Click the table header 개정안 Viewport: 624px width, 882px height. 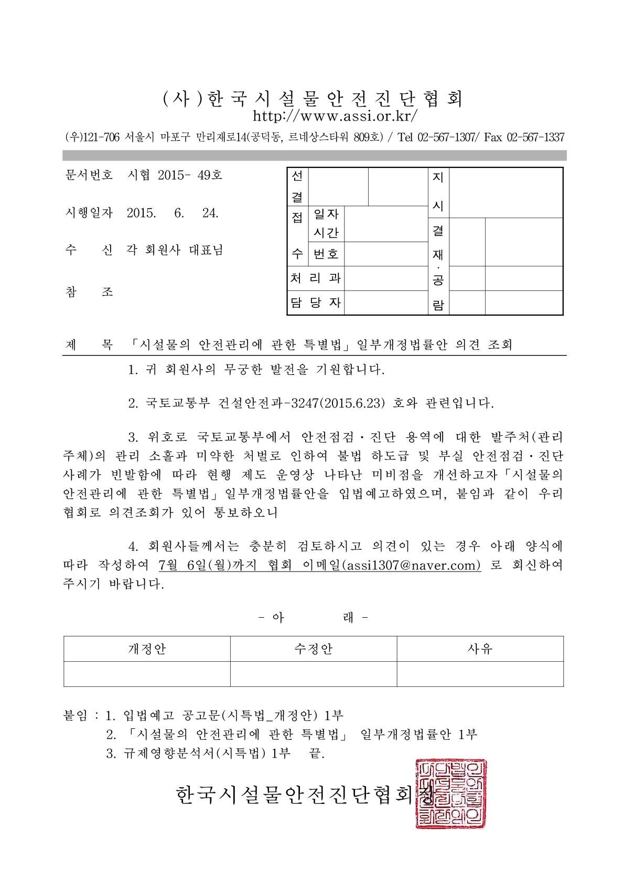point(147,649)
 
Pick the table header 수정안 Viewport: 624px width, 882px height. point(313,649)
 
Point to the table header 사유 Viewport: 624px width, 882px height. point(480,649)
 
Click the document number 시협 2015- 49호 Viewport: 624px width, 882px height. point(175,175)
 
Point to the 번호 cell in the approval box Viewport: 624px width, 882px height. point(326,254)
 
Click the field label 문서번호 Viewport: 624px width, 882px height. point(88,175)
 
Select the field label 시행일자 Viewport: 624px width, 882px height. point(88,213)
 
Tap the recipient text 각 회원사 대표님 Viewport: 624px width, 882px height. point(175,251)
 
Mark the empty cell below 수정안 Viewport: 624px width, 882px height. point(313,674)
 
